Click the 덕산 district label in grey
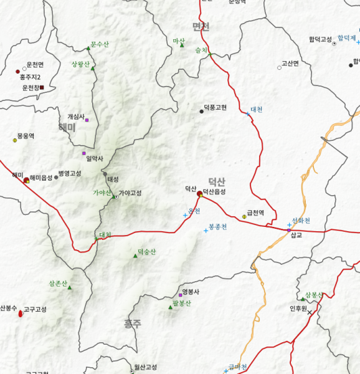[216, 181]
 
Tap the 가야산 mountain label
[102, 192]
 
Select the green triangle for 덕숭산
[135, 256]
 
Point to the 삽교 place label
[296, 235]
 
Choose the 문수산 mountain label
[100, 44]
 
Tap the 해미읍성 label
[41, 178]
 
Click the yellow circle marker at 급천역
[244, 216]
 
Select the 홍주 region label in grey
[133, 324]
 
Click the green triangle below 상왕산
[93, 68]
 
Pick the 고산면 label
[290, 63]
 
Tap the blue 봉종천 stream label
[218, 226]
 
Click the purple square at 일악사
[83, 153]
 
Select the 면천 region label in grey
[201, 26]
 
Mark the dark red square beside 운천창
[42, 87]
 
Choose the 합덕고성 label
[320, 40]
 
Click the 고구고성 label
[36, 309]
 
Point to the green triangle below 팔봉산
[170, 307]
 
